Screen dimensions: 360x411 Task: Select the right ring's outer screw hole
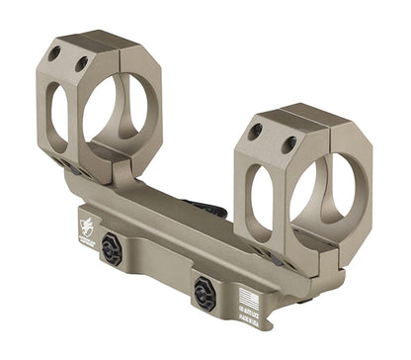[255, 131]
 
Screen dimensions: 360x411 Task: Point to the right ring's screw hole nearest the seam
[290, 143]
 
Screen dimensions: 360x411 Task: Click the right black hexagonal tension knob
[207, 292]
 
